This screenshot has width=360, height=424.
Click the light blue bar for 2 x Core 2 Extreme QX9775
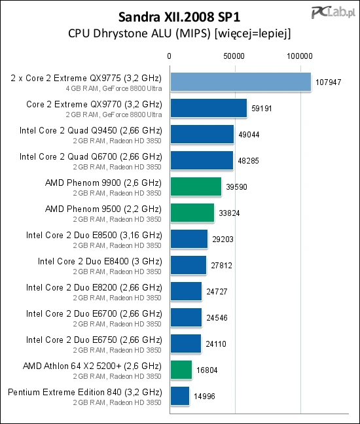[240, 82]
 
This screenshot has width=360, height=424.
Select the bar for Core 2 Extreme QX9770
[208, 108]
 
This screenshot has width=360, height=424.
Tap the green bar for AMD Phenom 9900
[196, 186]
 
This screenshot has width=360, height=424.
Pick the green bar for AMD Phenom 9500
[192, 213]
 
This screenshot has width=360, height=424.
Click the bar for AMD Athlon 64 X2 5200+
[181, 370]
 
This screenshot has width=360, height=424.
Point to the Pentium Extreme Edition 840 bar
[179, 396]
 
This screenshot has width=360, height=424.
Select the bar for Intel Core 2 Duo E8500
[189, 239]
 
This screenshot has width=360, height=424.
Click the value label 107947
[328, 83]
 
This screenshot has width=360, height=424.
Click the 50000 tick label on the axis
[234, 57]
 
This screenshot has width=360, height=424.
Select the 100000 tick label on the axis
[301, 57]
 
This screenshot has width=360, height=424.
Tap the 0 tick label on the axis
[170, 57]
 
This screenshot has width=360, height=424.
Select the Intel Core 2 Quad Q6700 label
[90, 156]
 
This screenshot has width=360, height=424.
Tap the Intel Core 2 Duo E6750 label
[94, 340]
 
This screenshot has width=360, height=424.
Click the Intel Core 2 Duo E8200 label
[94, 287]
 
